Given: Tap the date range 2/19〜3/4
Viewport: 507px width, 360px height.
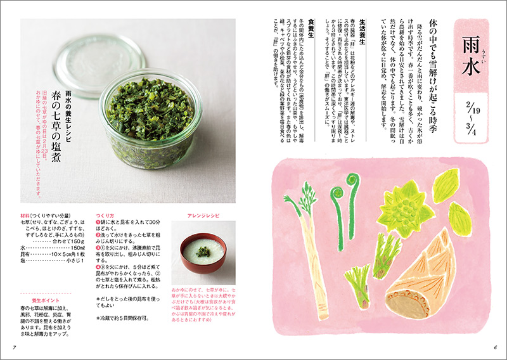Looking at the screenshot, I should pyautogui.click(x=470, y=122).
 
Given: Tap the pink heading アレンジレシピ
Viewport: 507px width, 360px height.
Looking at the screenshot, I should pyautogui.click(x=203, y=216).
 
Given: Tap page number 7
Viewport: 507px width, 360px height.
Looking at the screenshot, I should pyautogui.click(x=14, y=347).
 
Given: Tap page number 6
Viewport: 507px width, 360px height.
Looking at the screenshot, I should pyautogui.click(x=495, y=347).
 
